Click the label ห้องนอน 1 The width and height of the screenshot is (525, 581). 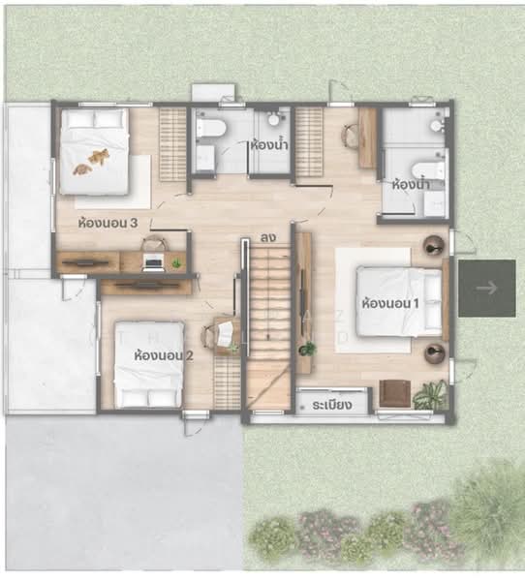[x=390, y=303]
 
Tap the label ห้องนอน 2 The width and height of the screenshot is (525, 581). [x=164, y=355]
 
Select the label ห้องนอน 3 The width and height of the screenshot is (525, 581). [x=108, y=223]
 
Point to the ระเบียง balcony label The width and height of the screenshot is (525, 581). [x=332, y=405]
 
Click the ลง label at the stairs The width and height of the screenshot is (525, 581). [x=268, y=237]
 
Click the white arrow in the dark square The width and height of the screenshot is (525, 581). [x=487, y=288]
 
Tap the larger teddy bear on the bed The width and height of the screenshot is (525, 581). [x=99, y=156]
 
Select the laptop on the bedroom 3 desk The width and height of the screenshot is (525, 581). [x=153, y=261]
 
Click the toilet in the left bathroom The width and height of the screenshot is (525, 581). [x=211, y=129]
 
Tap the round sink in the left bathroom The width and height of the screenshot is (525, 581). [x=274, y=119]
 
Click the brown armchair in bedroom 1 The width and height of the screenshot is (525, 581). [x=395, y=393]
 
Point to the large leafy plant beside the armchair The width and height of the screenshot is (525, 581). [x=431, y=395]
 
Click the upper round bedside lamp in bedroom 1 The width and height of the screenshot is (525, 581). [x=434, y=245]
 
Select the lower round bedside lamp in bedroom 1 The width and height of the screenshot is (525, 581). [x=435, y=353]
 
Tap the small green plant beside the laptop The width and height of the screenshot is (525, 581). [x=177, y=263]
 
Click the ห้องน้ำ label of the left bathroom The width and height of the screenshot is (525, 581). [x=269, y=144]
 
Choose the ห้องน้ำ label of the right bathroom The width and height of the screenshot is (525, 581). [x=411, y=184]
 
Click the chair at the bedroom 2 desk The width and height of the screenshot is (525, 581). [x=209, y=336]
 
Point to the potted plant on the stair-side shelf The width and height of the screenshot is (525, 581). [x=307, y=349]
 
